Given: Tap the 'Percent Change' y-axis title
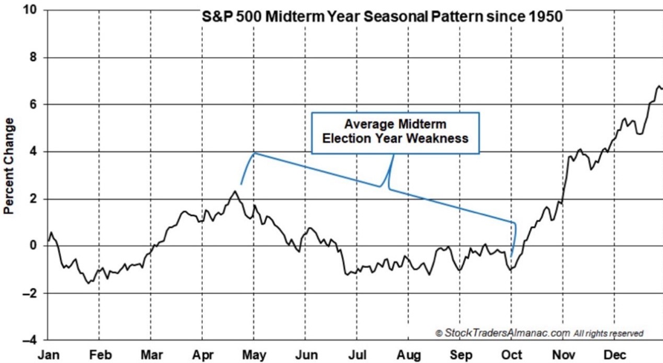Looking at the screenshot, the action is pos(9,166).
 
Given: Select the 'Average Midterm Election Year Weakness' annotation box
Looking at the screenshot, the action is pos(395,133).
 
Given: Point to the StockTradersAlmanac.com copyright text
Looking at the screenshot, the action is pos(540,333).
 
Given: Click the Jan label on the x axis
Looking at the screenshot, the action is pos(48,355).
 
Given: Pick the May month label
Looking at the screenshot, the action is pos(254,355).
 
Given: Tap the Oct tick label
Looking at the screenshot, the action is pos(511,355).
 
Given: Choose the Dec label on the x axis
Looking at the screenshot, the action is pos(615,355).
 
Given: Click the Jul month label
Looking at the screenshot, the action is pos(358,355).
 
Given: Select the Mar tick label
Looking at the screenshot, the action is pos(152,355).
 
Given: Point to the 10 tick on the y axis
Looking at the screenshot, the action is pos(31,10).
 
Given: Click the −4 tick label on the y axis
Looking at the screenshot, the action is pos(30,340).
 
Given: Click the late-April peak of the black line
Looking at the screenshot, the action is pos(235,192).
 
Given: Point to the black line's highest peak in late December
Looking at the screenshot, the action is pos(659,87).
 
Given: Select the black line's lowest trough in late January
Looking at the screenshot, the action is pos(88,283).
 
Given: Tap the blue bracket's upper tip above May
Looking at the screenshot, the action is pos(254,153).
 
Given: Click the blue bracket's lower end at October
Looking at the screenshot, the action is pos(511,256).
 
